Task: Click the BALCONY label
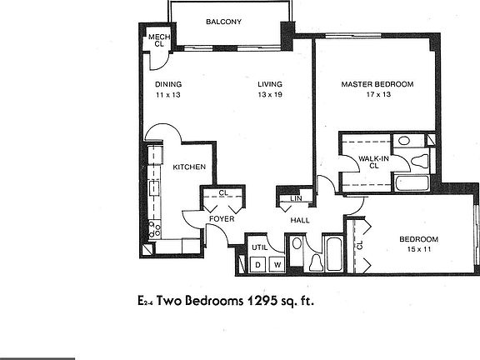pos(223,22)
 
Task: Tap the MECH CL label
pos(159,40)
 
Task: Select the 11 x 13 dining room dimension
pos(168,95)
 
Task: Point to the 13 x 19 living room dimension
pos(270,95)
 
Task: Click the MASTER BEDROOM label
pos(377,84)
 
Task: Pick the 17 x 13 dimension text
pos(378,94)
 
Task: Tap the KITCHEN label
pos(189,167)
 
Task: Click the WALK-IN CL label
pos(374,162)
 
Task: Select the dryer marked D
pos(258,264)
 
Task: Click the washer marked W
pos(277,264)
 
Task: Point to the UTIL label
pos(260,247)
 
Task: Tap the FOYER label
pos(222,219)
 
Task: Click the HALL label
pos(300,220)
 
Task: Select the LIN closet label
pos(296,198)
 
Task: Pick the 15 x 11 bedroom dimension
pos(419,249)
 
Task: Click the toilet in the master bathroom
pos(420,160)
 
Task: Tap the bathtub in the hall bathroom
pos(333,254)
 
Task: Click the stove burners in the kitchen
pos(154,229)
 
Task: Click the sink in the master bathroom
pos(404,141)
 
